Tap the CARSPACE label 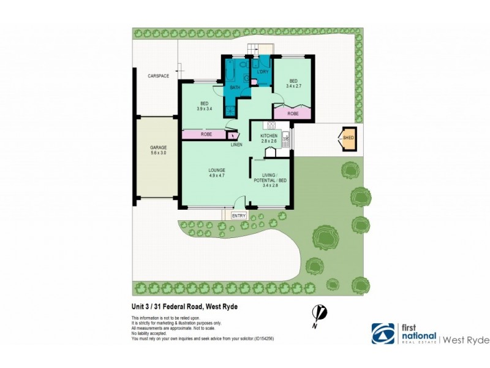pyautogui.click(x=158, y=76)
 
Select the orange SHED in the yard pyautogui.click(x=349, y=139)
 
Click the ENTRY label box pyautogui.click(x=238, y=216)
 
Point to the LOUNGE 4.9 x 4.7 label pyautogui.click(x=216, y=173)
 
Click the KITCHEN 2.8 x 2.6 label pyautogui.click(x=269, y=138)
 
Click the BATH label pyautogui.click(x=235, y=88)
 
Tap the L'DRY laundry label pyautogui.click(x=263, y=72)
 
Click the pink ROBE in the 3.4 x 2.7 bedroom pyautogui.click(x=293, y=113)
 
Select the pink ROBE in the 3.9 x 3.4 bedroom pyautogui.click(x=206, y=134)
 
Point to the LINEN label pyautogui.click(x=236, y=145)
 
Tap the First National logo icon pyautogui.click(x=383, y=333)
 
